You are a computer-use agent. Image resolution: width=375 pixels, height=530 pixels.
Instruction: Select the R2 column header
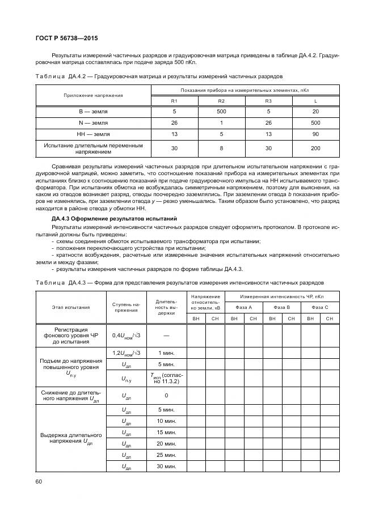(221, 100)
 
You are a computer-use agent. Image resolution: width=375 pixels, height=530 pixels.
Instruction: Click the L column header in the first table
(315, 100)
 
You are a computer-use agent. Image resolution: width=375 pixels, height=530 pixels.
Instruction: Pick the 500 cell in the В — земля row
(221, 112)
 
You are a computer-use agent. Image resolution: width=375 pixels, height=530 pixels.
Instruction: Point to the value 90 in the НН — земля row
(315, 134)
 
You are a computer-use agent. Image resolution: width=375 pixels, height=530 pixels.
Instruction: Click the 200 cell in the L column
(315, 149)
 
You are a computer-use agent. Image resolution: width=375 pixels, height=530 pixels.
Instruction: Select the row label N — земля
(93, 123)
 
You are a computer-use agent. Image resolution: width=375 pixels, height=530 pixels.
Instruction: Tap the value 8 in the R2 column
(221, 149)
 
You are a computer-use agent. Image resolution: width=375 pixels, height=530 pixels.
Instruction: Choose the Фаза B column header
(281, 307)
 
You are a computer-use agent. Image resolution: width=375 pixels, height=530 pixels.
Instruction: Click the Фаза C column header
(319, 307)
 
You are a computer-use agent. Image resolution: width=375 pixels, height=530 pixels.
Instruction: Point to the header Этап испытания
(71, 307)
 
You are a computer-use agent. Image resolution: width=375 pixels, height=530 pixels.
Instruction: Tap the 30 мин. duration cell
(166, 466)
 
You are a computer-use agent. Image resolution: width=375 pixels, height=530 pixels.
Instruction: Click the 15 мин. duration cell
(166, 432)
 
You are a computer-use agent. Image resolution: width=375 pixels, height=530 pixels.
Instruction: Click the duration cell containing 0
(166, 395)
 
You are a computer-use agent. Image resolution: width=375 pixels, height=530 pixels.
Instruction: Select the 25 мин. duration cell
(166, 455)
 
